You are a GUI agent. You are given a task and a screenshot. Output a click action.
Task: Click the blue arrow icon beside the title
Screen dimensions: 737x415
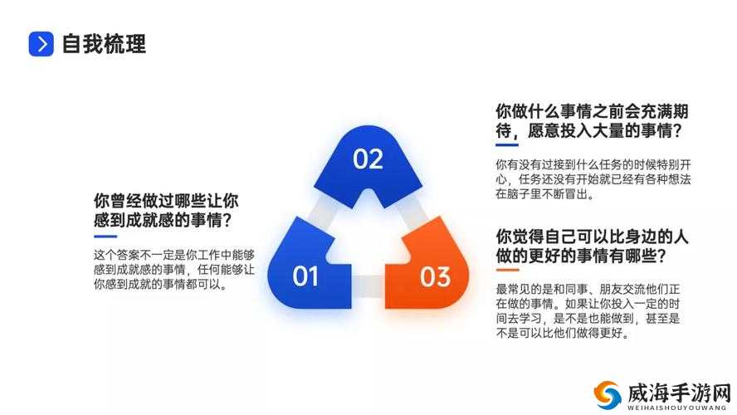[41, 44]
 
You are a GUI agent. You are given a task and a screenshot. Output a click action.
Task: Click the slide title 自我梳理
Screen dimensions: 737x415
[104, 44]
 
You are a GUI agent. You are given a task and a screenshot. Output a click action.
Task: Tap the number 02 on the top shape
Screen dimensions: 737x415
[368, 159]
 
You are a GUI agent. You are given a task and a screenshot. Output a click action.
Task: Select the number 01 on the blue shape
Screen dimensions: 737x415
[305, 276]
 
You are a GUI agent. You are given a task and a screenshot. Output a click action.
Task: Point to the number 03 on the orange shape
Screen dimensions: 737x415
[435, 277]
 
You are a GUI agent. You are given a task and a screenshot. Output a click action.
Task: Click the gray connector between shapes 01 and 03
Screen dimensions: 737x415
[368, 286]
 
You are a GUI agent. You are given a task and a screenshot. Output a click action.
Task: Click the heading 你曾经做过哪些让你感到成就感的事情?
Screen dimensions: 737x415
[166, 210]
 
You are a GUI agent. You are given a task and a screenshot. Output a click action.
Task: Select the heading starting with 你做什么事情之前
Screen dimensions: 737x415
[592, 121]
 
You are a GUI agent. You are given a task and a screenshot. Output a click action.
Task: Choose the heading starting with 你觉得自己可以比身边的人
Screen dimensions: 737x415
[592, 247]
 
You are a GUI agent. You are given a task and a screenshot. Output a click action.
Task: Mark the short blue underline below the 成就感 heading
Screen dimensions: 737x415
[105, 237]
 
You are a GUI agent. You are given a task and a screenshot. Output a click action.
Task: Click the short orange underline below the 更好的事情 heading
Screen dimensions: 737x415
[508, 270]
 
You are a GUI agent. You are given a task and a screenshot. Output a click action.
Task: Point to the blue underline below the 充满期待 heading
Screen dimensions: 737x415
[507, 144]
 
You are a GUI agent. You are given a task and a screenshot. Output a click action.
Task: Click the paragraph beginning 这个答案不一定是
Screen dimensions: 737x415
[174, 270]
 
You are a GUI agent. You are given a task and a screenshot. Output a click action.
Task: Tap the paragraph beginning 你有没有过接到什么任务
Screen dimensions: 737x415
[593, 179]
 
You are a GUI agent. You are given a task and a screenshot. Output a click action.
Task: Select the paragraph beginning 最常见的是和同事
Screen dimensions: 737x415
[588, 311]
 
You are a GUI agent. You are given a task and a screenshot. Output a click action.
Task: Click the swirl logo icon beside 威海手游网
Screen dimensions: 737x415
[608, 395]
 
